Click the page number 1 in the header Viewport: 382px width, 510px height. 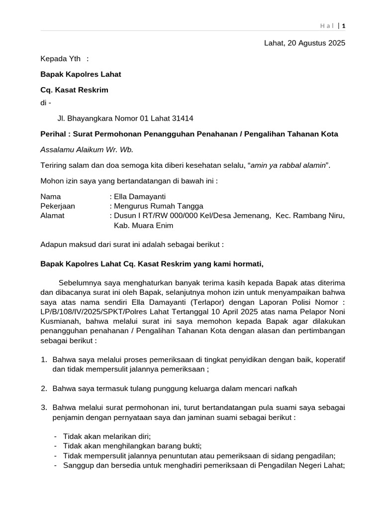coord(343,25)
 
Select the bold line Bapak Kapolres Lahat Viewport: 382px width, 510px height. coord(81,74)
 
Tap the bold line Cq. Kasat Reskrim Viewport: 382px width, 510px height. coord(74,90)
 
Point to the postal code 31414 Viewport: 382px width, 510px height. coord(183,118)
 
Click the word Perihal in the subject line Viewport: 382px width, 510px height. coord(53,134)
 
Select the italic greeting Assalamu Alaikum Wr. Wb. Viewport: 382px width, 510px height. coord(87,149)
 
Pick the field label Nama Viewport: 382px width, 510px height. coord(50,197)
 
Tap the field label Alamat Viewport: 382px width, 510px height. coord(52,216)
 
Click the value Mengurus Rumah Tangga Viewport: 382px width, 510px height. coord(158,206)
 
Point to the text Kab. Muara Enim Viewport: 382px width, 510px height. coord(144,225)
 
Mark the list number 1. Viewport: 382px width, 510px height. coord(43,359)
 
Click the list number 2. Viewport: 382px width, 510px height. coord(43,388)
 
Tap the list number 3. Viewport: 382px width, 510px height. coord(43,407)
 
